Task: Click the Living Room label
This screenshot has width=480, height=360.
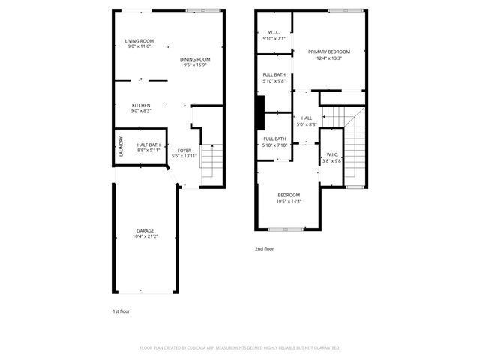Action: pyautogui.click(x=139, y=40)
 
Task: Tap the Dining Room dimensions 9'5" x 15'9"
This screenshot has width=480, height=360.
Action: pyautogui.click(x=195, y=65)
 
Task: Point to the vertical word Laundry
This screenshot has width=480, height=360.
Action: pyautogui.click(x=120, y=147)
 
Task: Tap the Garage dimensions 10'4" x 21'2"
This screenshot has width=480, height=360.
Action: pyautogui.click(x=145, y=236)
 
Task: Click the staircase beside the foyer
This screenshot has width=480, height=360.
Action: pyautogui.click(x=213, y=161)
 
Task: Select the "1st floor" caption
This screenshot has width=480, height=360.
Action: pyautogui.click(x=121, y=310)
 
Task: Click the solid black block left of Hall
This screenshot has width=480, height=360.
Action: pyautogui.click(x=260, y=112)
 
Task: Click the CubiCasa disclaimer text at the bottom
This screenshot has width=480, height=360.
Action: pyautogui.click(x=240, y=347)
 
